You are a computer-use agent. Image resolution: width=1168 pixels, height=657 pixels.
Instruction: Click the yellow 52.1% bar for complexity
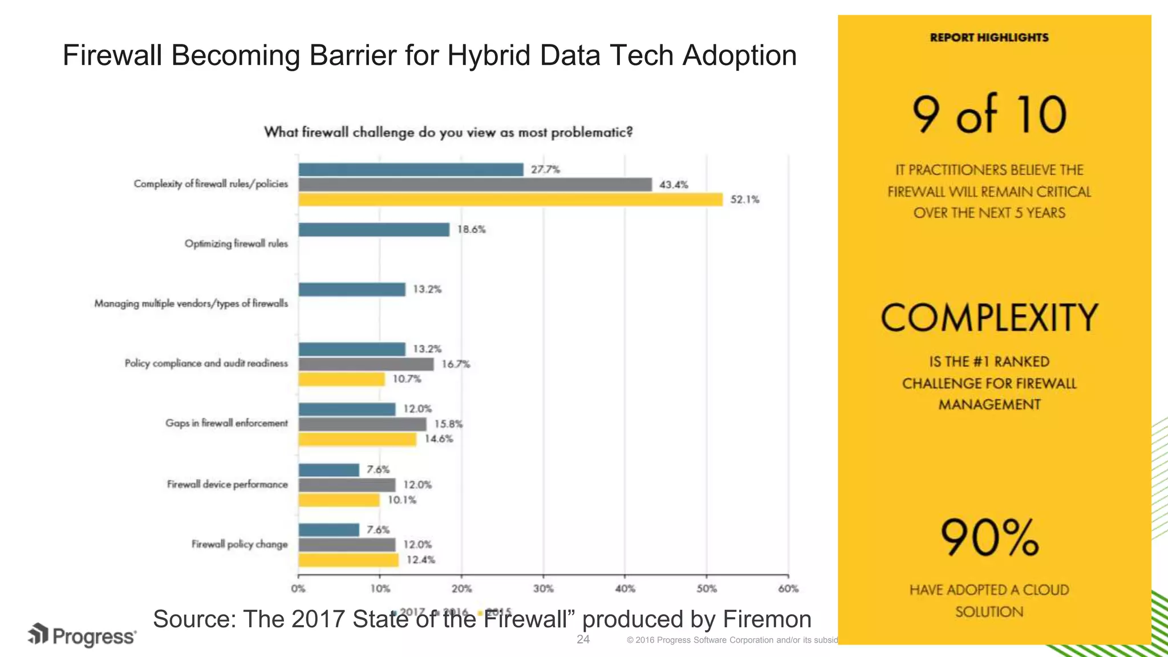(510, 200)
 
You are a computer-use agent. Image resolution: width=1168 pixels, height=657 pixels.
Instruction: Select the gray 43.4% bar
(475, 185)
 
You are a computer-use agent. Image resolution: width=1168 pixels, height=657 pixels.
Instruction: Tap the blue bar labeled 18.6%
(374, 230)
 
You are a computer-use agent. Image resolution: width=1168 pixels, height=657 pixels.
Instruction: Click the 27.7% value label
(545, 169)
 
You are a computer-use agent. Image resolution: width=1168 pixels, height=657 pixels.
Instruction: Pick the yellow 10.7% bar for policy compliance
(342, 379)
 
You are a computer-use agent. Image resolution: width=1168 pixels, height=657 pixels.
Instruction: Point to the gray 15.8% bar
(362, 424)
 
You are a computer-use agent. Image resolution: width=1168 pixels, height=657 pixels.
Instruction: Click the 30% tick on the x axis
(543, 589)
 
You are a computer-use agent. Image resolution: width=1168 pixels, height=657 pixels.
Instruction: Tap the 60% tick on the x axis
(788, 589)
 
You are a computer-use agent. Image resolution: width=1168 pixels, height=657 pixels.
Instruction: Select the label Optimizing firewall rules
(236, 244)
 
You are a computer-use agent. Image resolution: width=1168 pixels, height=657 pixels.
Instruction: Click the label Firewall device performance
(227, 484)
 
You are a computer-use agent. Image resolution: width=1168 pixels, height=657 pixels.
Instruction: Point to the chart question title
(448, 132)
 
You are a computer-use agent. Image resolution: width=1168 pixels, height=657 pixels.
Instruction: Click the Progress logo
(82, 635)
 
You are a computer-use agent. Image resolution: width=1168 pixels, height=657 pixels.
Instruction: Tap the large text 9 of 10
(989, 114)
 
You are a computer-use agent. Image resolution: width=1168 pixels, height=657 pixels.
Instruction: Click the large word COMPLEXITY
(989, 318)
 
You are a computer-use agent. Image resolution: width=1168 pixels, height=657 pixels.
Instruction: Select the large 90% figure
(989, 538)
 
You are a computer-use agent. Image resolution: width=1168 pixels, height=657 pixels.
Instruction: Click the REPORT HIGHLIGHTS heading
(989, 38)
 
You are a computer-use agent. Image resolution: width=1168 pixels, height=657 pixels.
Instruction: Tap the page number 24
(583, 639)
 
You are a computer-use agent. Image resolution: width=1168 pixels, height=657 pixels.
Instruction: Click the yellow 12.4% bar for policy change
(348, 560)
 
